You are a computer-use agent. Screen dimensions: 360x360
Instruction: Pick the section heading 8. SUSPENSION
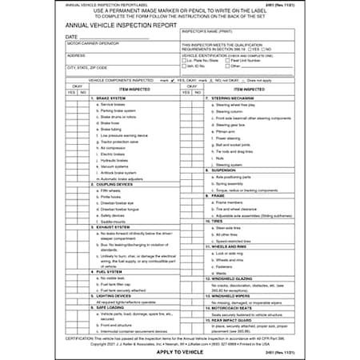(x=210, y=169)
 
